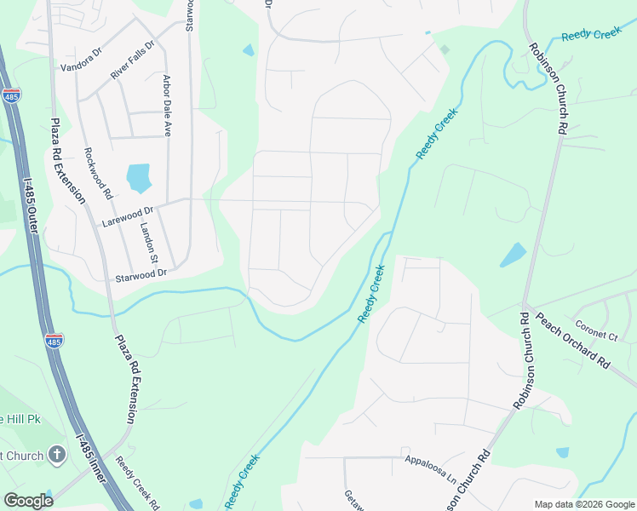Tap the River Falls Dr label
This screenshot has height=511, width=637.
pos(132,60)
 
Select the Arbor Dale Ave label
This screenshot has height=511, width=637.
pos(167,106)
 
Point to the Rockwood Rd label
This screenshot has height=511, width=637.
pos(98,174)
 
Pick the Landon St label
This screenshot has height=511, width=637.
pos(150,242)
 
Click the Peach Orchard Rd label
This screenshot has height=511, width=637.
pos(572,339)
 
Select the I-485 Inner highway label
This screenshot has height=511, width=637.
pos(93,460)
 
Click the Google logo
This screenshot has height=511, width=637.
pos(28,501)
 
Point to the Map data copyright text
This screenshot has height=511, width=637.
pos(583,504)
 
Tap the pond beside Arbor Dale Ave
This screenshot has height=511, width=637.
pos(138,178)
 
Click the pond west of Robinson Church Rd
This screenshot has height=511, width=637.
pos(513,255)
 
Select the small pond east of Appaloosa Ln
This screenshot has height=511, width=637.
pos(562,453)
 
